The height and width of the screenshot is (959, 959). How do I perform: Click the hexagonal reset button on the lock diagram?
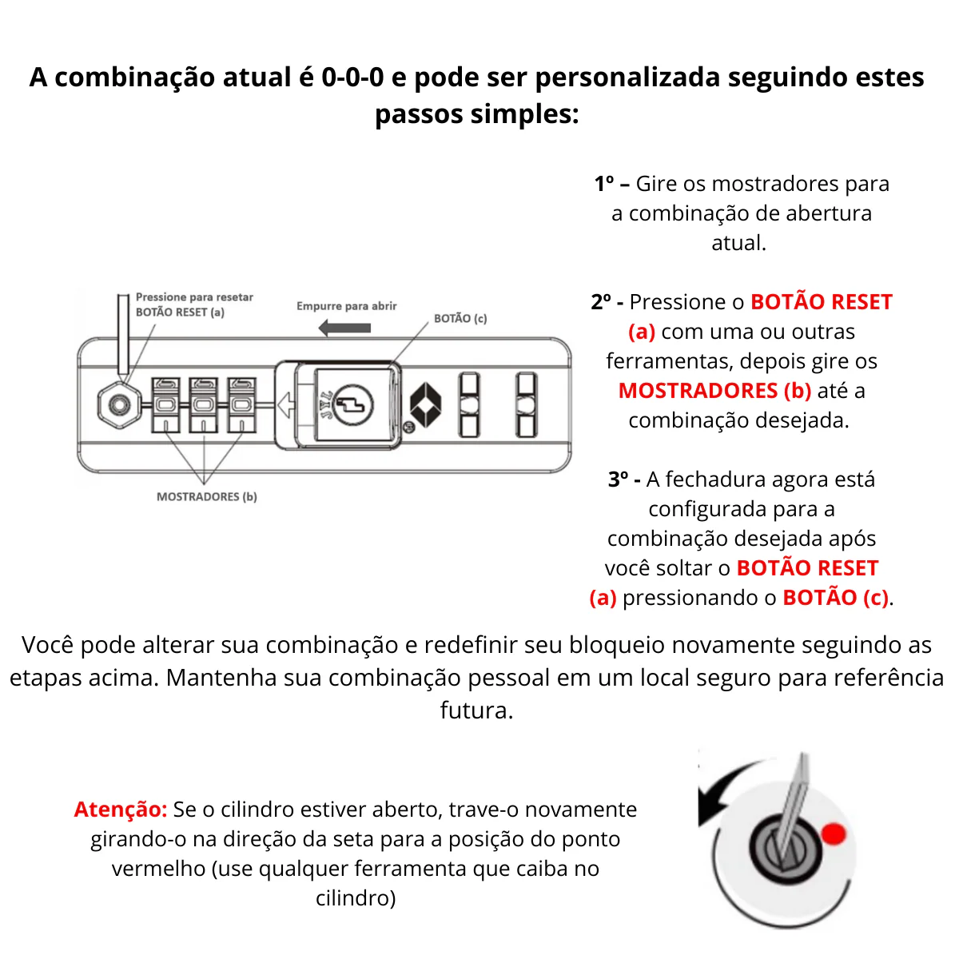[x=120, y=405]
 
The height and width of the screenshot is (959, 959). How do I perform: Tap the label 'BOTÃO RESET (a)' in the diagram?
[x=180, y=312]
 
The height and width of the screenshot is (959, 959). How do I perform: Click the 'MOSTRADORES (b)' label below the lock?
[x=206, y=496]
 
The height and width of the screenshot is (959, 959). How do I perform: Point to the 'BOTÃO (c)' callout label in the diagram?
[x=460, y=318]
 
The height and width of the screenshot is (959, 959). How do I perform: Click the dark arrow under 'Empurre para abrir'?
[x=344, y=328]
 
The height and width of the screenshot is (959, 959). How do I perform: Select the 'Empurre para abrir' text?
[x=346, y=306]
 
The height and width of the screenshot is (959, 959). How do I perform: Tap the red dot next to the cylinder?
[x=834, y=834]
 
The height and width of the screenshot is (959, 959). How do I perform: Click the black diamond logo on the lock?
[x=425, y=404]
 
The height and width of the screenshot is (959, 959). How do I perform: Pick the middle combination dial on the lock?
[x=203, y=404]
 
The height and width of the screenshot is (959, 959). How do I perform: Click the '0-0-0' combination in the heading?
[x=352, y=78]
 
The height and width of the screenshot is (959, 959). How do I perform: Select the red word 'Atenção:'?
[x=121, y=810]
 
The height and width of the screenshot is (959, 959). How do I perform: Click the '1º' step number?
[x=605, y=184]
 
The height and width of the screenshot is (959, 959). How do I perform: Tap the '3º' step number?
[x=619, y=479]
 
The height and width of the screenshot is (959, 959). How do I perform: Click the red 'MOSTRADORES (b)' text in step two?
[x=714, y=391]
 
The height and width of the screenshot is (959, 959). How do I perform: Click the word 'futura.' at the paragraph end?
[x=476, y=710]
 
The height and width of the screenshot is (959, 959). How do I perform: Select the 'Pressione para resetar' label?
[x=194, y=297]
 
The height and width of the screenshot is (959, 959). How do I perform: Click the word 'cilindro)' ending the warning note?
[x=356, y=898]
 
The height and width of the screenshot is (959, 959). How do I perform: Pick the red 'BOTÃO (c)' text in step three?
[x=835, y=598]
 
